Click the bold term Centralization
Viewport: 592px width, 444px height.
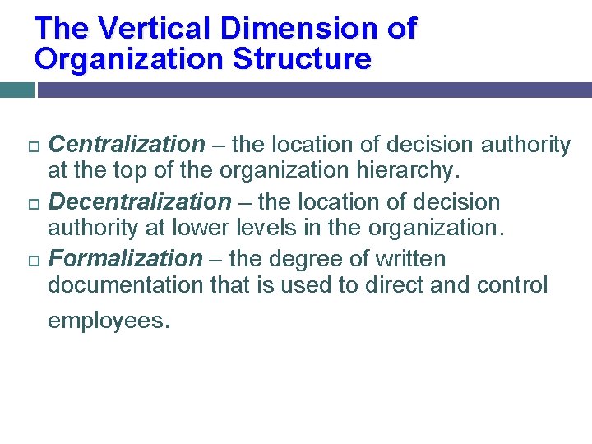[127, 146]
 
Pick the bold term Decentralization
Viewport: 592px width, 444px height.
[140, 201]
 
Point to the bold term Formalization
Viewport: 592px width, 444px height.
[125, 259]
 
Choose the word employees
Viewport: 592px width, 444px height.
[106, 321]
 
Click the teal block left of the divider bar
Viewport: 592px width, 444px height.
[16, 90]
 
